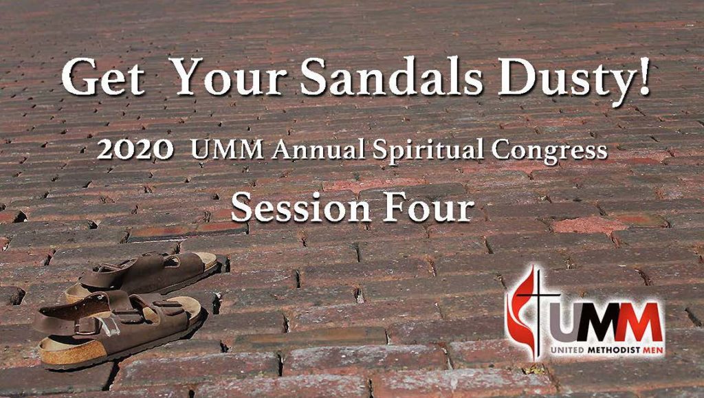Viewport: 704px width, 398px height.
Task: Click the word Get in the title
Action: click(104, 78)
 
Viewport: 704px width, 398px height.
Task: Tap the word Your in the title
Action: click(230, 77)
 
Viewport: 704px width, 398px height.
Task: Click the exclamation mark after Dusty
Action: click(643, 77)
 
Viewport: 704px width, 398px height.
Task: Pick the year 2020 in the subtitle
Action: click(135, 149)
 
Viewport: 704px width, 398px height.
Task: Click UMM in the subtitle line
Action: click(227, 149)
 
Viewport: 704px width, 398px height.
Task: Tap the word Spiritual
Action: click(428, 151)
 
